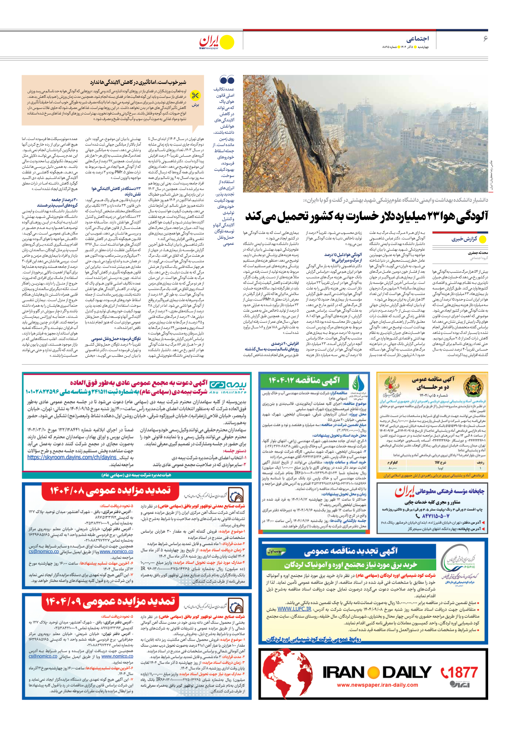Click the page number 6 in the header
[485, 39]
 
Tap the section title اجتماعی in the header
[417, 39]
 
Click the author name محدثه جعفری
[477, 253]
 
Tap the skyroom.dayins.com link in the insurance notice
[72, 457]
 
